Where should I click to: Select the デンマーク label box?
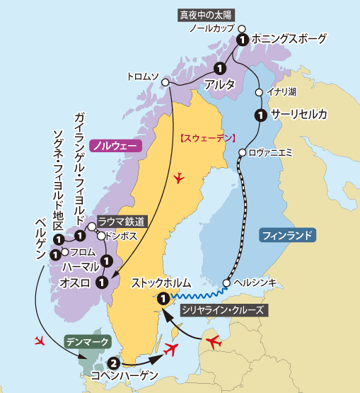[x=88, y=342]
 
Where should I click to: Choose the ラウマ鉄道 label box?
[x=122, y=221]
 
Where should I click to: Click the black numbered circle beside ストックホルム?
[x=163, y=298]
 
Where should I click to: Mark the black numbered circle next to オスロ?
[x=102, y=282]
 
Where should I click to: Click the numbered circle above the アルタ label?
[x=219, y=69]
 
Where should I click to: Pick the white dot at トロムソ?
[x=168, y=83]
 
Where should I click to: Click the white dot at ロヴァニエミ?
[x=242, y=152]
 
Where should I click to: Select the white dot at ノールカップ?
[x=241, y=30]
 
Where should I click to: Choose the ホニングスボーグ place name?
[x=289, y=39]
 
